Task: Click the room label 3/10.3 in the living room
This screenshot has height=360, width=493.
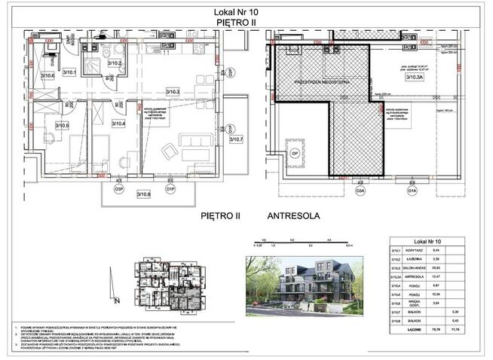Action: point(175,92)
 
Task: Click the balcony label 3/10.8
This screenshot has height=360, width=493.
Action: point(143,195)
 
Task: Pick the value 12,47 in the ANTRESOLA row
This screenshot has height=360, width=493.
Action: point(446,276)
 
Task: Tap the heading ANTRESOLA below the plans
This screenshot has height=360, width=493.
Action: point(293,215)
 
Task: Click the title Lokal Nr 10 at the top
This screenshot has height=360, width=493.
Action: point(246,13)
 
